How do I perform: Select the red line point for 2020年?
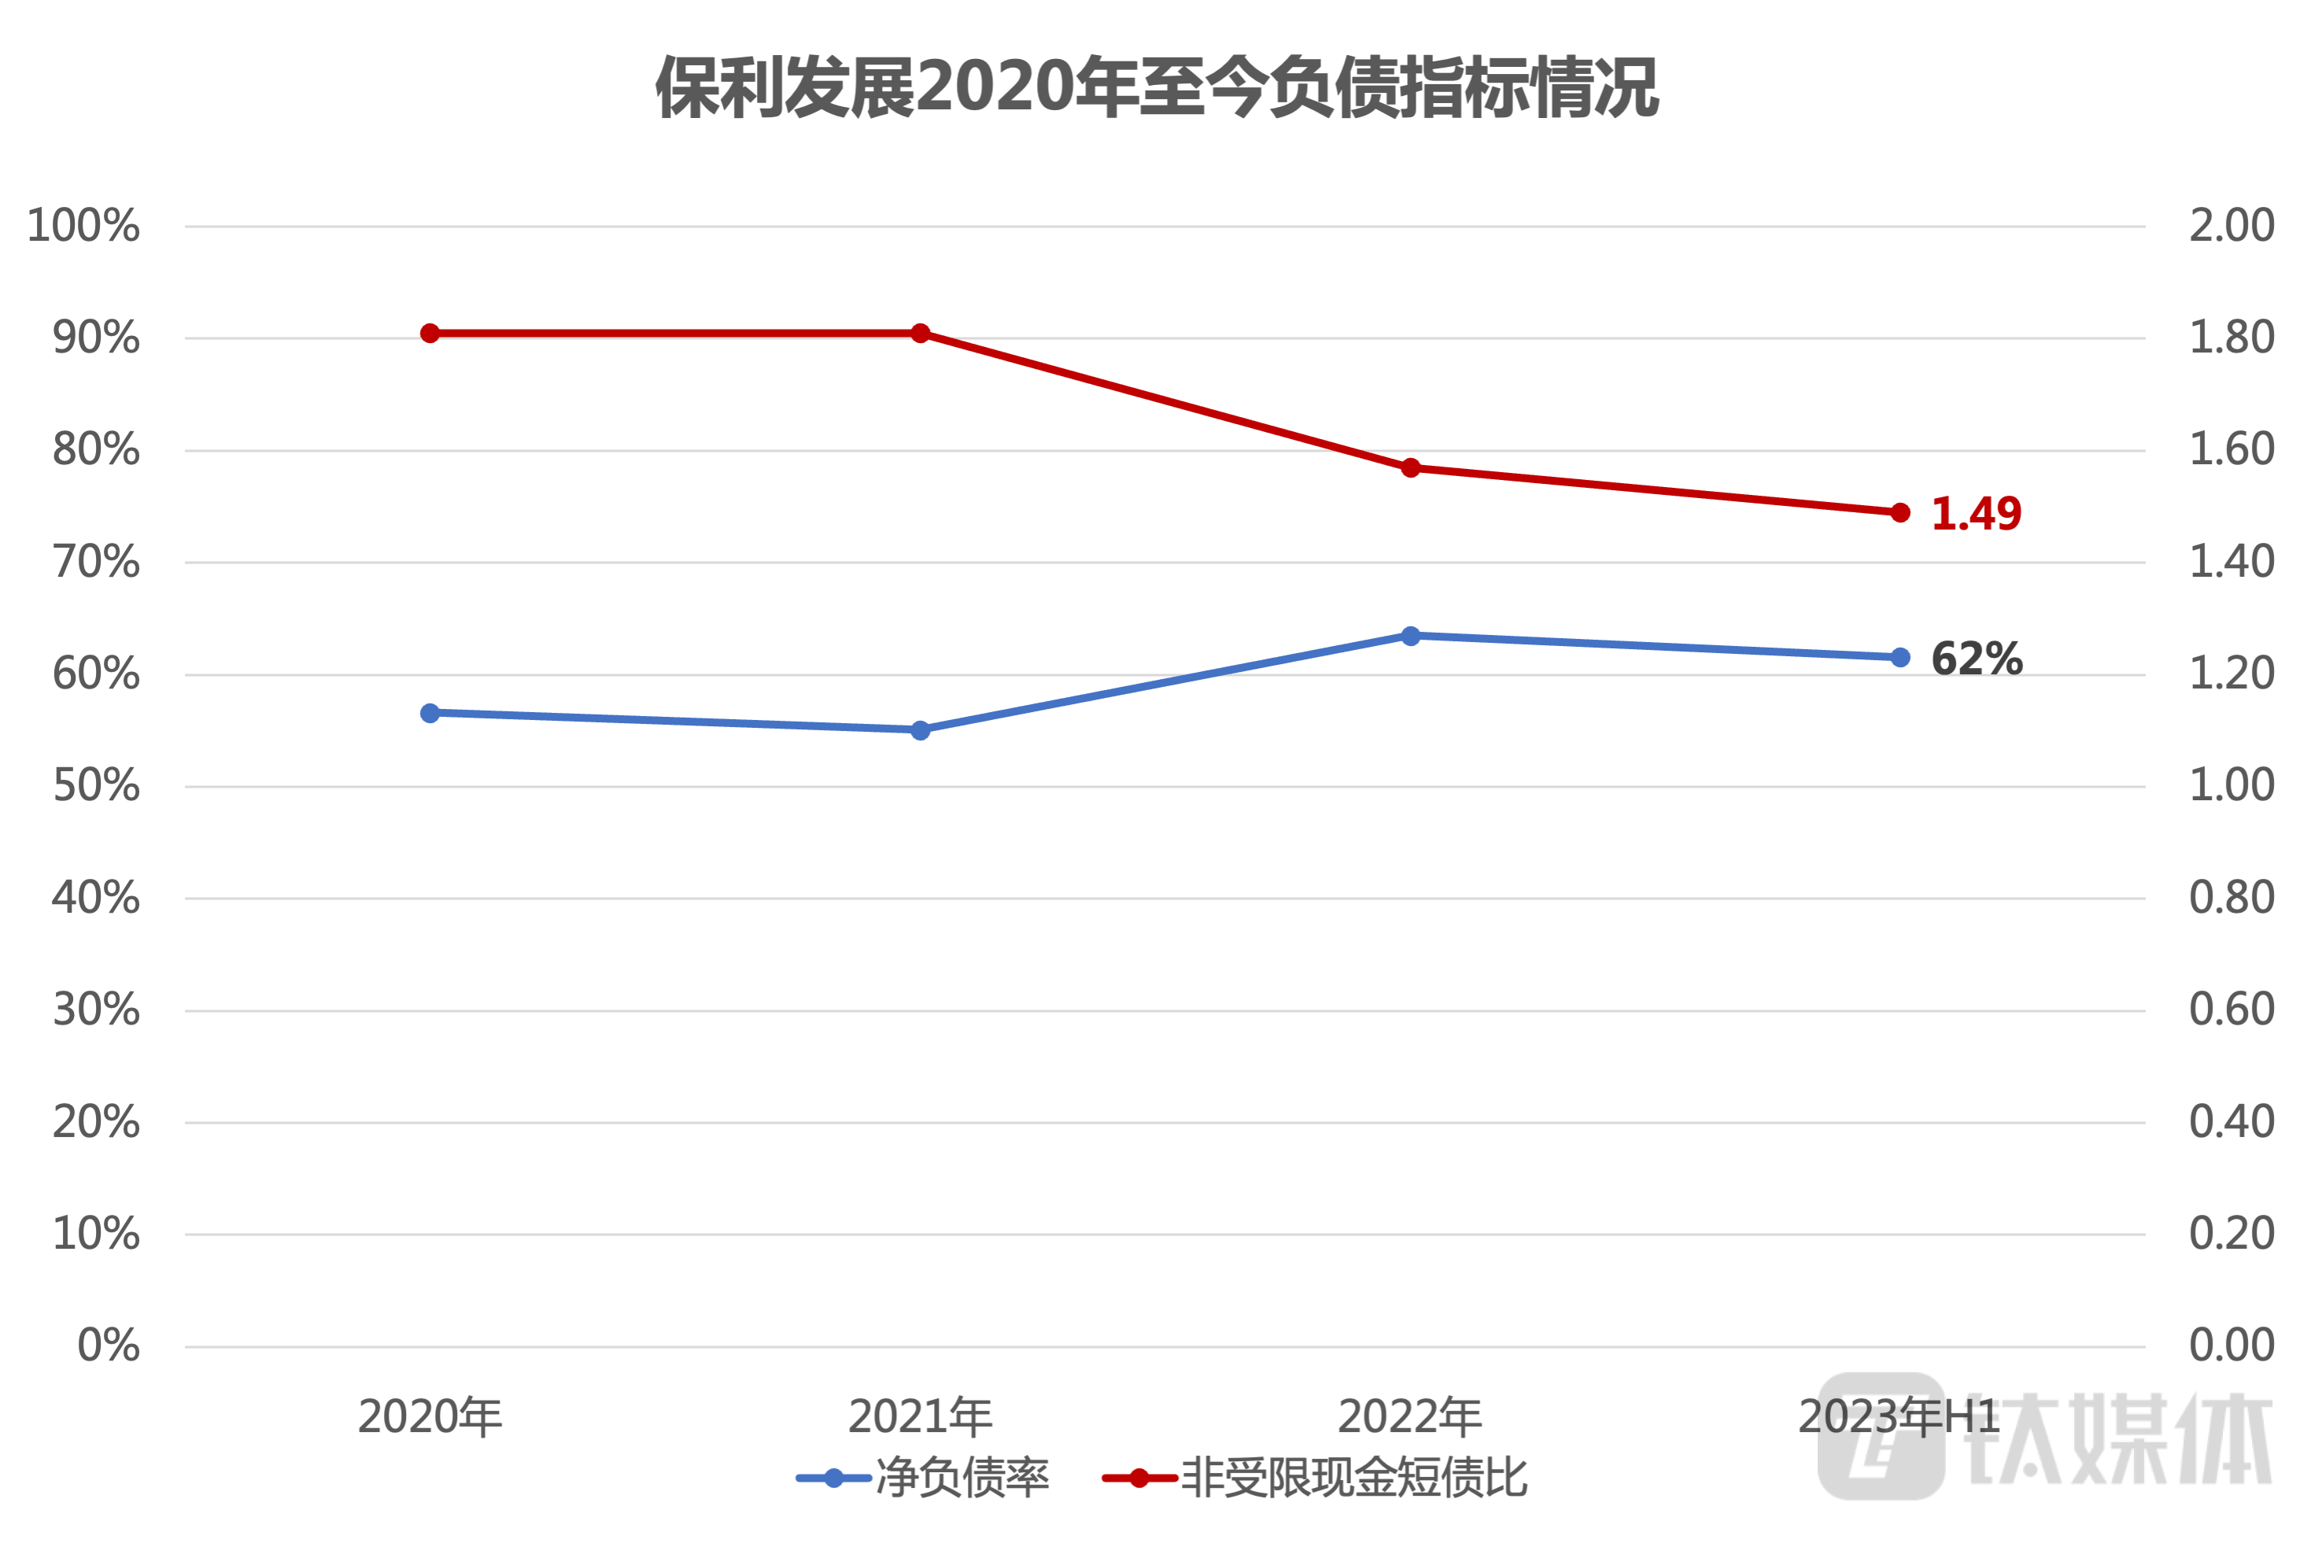430,334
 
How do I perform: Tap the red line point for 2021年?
920,334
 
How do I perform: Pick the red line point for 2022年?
1411,467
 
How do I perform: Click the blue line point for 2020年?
430,714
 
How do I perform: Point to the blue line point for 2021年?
920,730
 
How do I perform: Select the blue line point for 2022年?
1411,637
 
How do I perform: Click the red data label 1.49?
1976,514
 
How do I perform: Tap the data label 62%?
1976,659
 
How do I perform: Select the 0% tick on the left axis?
109,1346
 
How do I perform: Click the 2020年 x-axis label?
430,1417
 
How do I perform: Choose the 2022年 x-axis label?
1410,1417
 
